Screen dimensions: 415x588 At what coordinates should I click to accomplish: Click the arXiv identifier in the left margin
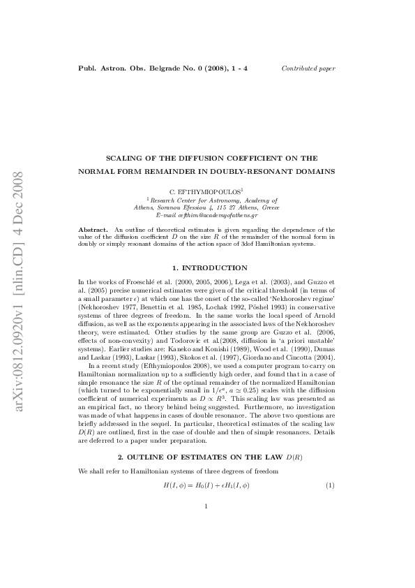[x=21, y=294]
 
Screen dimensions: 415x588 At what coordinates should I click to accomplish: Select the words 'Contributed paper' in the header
[x=308, y=68]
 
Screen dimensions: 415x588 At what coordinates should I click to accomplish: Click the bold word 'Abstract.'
[x=93, y=228]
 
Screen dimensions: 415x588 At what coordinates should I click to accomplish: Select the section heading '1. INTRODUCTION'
[x=206, y=267]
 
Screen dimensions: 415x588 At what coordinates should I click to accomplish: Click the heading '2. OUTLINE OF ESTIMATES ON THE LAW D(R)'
[x=206, y=456]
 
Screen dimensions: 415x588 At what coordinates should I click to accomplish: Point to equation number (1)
[x=331, y=485]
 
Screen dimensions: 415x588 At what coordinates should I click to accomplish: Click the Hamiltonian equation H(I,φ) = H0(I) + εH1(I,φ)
[x=206, y=485]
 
